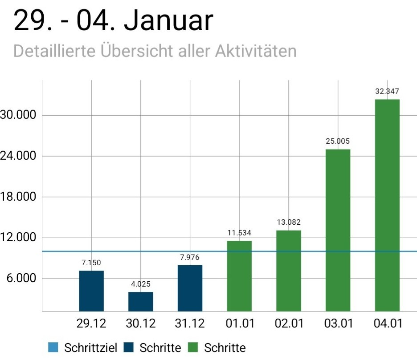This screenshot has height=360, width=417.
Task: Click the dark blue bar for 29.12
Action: (x=91, y=291)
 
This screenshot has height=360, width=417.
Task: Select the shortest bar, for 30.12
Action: (x=141, y=301)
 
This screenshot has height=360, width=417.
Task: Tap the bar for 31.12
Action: (x=190, y=288)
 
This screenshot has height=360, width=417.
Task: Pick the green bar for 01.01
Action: (x=239, y=276)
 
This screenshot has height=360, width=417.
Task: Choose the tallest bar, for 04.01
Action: (x=387, y=205)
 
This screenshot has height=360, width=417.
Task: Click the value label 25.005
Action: (x=338, y=142)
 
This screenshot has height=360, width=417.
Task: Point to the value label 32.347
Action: (x=387, y=92)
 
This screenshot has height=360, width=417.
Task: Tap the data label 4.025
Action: (x=141, y=284)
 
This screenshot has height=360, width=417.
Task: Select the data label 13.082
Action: (x=289, y=222)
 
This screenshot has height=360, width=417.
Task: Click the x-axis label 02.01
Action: (x=289, y=324)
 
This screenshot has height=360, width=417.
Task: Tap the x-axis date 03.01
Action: (x=338, y=324)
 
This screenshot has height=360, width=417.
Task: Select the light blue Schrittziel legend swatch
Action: (x=53, y=348)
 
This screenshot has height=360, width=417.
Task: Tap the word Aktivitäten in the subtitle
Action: (x=256, y=51)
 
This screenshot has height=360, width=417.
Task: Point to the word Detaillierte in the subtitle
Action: (x=54, y=51)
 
